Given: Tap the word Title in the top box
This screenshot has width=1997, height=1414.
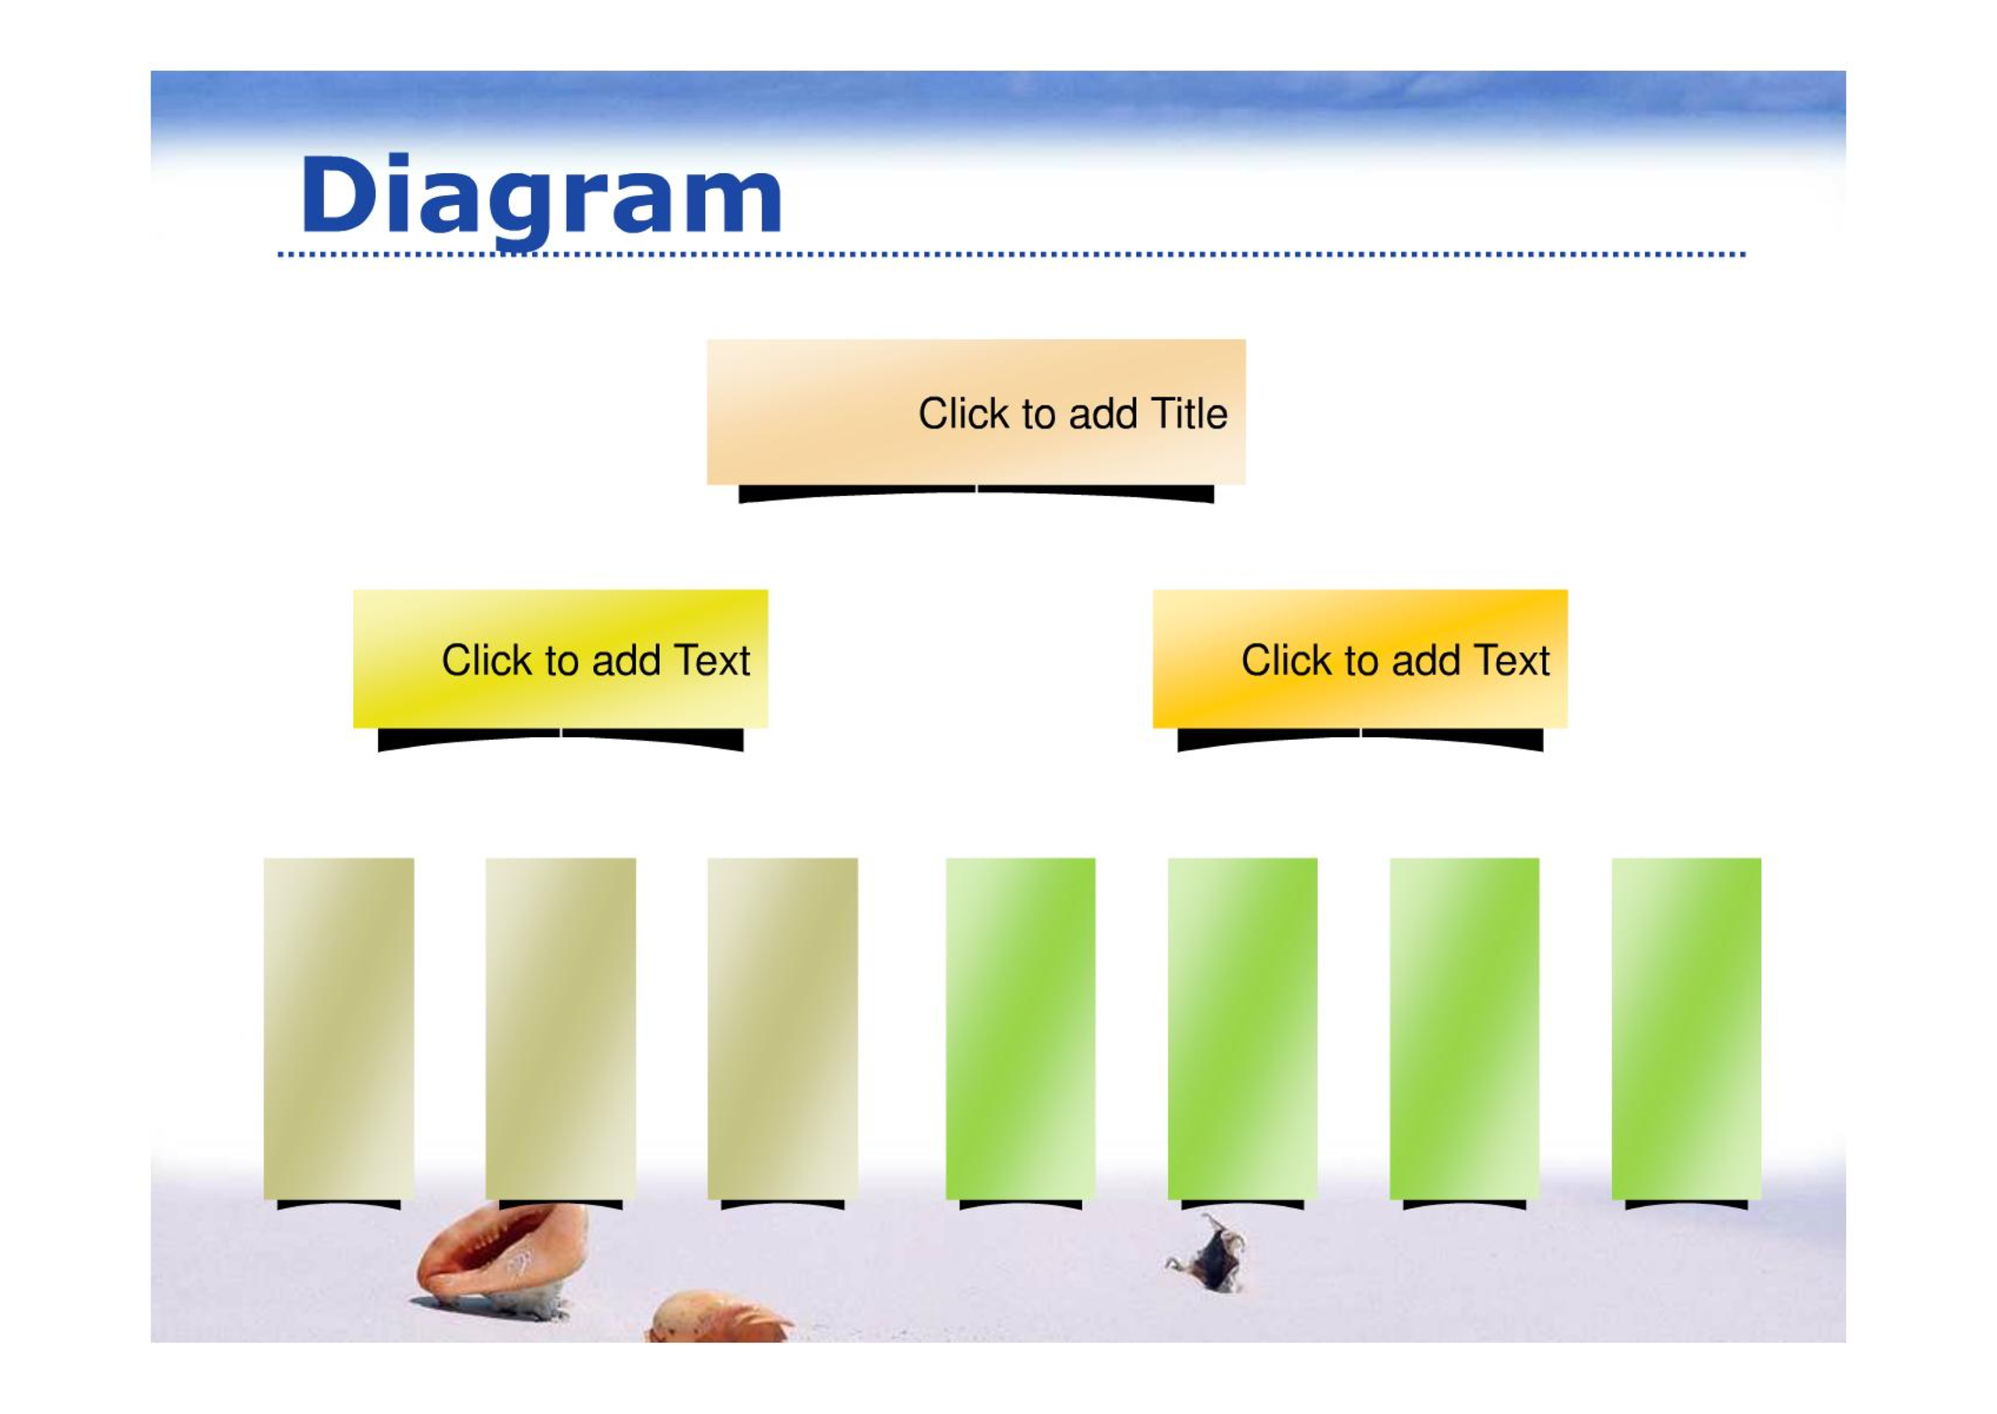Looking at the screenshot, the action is click(x=1188, y=413).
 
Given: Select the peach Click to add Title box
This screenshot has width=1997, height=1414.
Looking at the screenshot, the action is click(x=975, y=412).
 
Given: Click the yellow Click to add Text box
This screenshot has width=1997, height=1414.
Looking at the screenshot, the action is click(x=560, y=658).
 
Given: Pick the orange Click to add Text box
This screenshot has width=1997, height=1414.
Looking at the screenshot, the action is click(x=1359, y=658).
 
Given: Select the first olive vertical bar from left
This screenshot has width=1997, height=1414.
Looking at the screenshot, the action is click(x=339, y=1028).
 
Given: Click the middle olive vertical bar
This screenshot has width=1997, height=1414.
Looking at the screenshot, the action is click(x=560, y=1028).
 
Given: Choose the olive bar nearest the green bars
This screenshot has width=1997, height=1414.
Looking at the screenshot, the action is click(x=782, y=1028).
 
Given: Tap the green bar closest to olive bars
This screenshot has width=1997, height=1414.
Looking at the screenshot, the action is click(x=1021, y=1028).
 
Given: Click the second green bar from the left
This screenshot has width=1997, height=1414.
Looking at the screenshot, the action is click(x=1242, y=1028).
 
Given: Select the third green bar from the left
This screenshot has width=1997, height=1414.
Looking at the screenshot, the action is click(x=1464, y=1028).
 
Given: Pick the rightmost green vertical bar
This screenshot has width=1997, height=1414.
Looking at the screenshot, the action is click(x=1686, y=1028).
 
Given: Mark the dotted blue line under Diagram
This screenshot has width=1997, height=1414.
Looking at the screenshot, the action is click(x=1011, y=255).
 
